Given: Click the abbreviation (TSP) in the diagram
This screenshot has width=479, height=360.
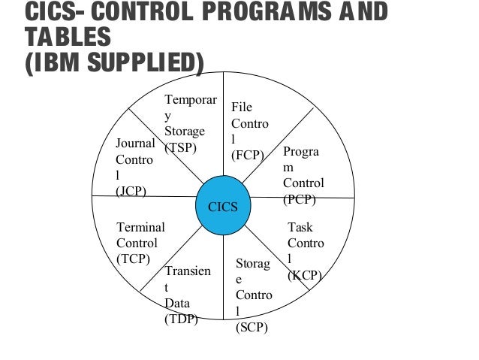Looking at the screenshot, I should pyautogui.click(x=181, y=147).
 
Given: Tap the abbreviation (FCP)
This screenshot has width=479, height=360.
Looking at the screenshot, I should pyautogui.click(x=248, y=156).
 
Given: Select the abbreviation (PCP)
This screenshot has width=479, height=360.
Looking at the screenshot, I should pyautogui.click(x=300, y=200).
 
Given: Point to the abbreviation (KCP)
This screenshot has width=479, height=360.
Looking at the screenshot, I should pyautogui.click(x=305, y=275).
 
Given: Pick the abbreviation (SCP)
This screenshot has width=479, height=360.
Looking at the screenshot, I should pyautogui.click(x=252, y=328).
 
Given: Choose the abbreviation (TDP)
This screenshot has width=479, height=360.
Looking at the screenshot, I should pyautogui.click(x=181, y=319).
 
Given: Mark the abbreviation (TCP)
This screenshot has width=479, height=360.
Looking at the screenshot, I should pyautogui.click(x=134, y=259).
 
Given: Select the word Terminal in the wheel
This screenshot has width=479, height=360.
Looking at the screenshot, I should pyautogui.click(x=140, y=227).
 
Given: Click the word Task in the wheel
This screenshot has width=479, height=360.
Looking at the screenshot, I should pyautogui.click(x=300, y=227).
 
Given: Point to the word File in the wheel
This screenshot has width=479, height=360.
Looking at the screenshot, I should pyautogui.click(x=241, y=107).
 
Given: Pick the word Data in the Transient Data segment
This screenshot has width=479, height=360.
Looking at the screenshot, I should pyautogui.click(x=177, y=303).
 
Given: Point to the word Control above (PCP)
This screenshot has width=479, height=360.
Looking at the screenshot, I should pyautogui.click(x=304, y=183).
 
